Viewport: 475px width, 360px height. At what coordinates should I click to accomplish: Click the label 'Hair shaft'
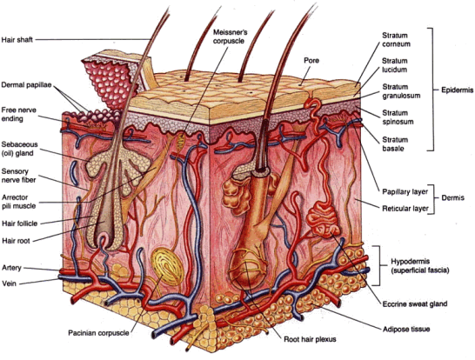click(17, 40)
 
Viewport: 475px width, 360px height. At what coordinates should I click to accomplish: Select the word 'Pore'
click(311, 61)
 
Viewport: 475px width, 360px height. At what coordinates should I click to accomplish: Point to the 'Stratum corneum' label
click(396, 40)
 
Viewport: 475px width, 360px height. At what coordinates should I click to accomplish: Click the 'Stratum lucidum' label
click(394, 65)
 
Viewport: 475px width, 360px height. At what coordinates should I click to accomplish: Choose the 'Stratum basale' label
click(395, 144)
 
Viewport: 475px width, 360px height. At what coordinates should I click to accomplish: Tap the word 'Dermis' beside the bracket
click(453, 197)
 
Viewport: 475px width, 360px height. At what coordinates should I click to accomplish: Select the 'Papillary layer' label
click(405, 191)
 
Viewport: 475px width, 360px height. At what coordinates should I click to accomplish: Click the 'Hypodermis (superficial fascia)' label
click(420, 266)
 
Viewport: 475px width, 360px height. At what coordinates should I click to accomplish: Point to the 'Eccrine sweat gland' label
click(415, 303)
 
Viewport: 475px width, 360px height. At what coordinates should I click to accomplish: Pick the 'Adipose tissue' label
click(406, 329)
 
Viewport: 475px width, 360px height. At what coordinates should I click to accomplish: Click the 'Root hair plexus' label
click(310, 339)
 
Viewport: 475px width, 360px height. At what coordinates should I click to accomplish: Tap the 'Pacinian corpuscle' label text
click(98, 333)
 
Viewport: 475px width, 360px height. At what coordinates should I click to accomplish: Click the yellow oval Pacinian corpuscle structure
click(168, 267)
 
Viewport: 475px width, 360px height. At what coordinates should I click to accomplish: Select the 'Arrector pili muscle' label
click(19, 202)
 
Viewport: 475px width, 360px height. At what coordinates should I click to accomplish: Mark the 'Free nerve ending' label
click(19, 114)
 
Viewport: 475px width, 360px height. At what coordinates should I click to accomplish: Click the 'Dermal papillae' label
click(26, 84)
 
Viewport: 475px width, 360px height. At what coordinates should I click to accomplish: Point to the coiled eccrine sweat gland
click(324, 219)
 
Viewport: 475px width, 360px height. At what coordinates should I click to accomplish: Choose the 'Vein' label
click(9, 283)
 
